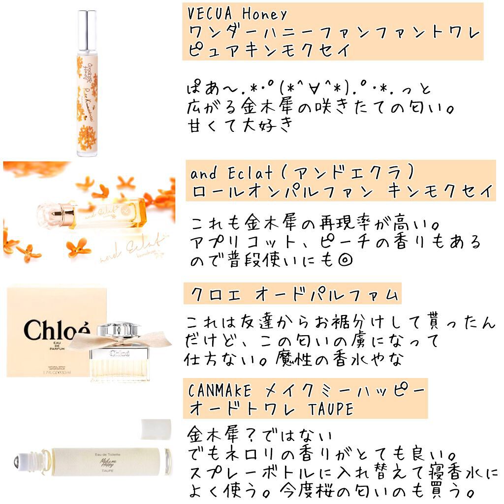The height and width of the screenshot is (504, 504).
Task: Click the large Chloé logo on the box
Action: pyautogui.click(x=58, y=329)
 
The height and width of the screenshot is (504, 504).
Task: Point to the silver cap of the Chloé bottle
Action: pyautogui.click(x=119, y=328)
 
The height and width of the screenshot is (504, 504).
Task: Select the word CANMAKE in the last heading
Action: pyautogui.click(x=220, y=391)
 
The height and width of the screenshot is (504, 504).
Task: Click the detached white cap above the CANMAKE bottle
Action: pyautogui.click(x=156, y=428)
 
